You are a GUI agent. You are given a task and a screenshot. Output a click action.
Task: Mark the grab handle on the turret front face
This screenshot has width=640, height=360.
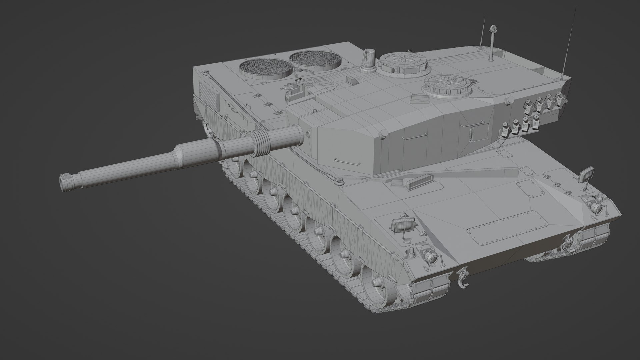[347, 161]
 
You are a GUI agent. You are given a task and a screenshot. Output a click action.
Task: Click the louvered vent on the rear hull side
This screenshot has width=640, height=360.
[207, 92]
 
